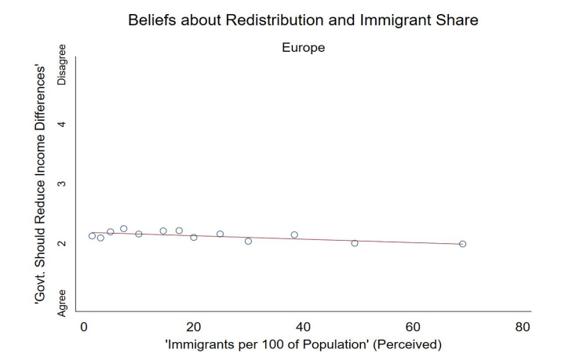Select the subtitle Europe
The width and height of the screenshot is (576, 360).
coord(303,48)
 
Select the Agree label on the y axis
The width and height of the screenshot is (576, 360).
coord(62,302)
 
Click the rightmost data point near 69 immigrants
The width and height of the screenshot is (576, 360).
coord(462,244)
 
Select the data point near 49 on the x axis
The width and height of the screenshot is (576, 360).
coord(355,243)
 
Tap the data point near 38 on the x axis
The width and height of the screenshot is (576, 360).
coord(294,235)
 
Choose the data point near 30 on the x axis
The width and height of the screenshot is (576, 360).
coord(248,241)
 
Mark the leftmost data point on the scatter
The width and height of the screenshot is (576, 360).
coord(92,235)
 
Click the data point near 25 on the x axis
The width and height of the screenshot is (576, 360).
coord(221,234)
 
